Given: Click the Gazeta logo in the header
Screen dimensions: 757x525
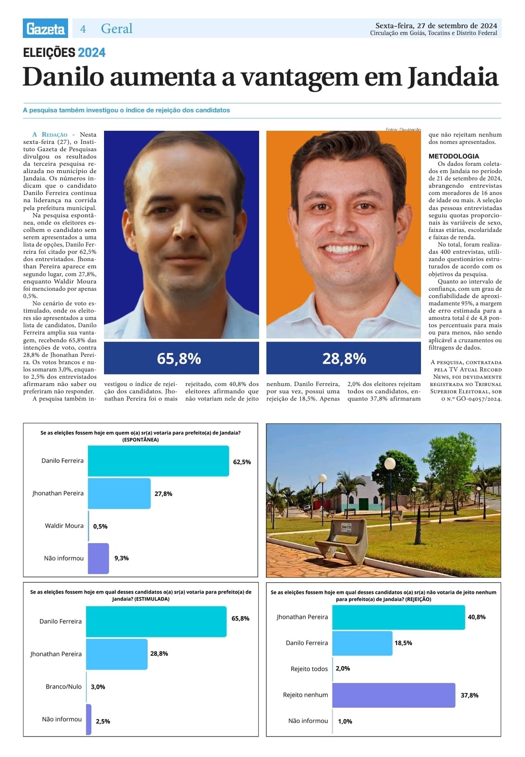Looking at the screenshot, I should click(x=45, y=28).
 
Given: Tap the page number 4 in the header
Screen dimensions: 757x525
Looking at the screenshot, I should click(x=83, y=29).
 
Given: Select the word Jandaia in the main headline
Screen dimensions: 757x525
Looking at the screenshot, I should click(x=453, y=77).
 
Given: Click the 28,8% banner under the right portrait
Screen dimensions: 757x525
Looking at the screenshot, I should click(x=343, y=358).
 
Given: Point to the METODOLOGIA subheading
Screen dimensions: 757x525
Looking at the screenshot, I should click(x=454, y=156).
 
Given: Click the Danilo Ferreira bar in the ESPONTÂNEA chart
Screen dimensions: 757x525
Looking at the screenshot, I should click(x=158, y=461).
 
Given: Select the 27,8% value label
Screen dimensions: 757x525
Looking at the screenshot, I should click(x=163, y=493).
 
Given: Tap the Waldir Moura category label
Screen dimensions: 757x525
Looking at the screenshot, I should click(x=64, y=526).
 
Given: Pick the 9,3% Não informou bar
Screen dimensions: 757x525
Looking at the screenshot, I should click(x=99, y=558).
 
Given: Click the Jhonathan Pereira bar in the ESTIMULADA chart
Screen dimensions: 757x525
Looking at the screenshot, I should click(x=117, y=654).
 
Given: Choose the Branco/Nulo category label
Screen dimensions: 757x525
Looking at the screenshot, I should click(x=64, y=687).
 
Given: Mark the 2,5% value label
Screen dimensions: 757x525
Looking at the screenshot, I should click(x=103, y=721).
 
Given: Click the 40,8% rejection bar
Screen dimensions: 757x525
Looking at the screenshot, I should click(x=398, y=617).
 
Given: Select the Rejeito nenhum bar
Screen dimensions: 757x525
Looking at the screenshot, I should click(x=393, y=695).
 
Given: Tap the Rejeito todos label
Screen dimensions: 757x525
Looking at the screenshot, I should click(x=309, y=669).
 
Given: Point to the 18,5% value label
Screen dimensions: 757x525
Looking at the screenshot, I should click(x=403, y=643).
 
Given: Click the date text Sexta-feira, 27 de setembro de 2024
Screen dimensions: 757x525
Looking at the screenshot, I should click(x=436, y=26).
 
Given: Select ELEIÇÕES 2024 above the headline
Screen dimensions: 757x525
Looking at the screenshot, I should click(x=64, y=53).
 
